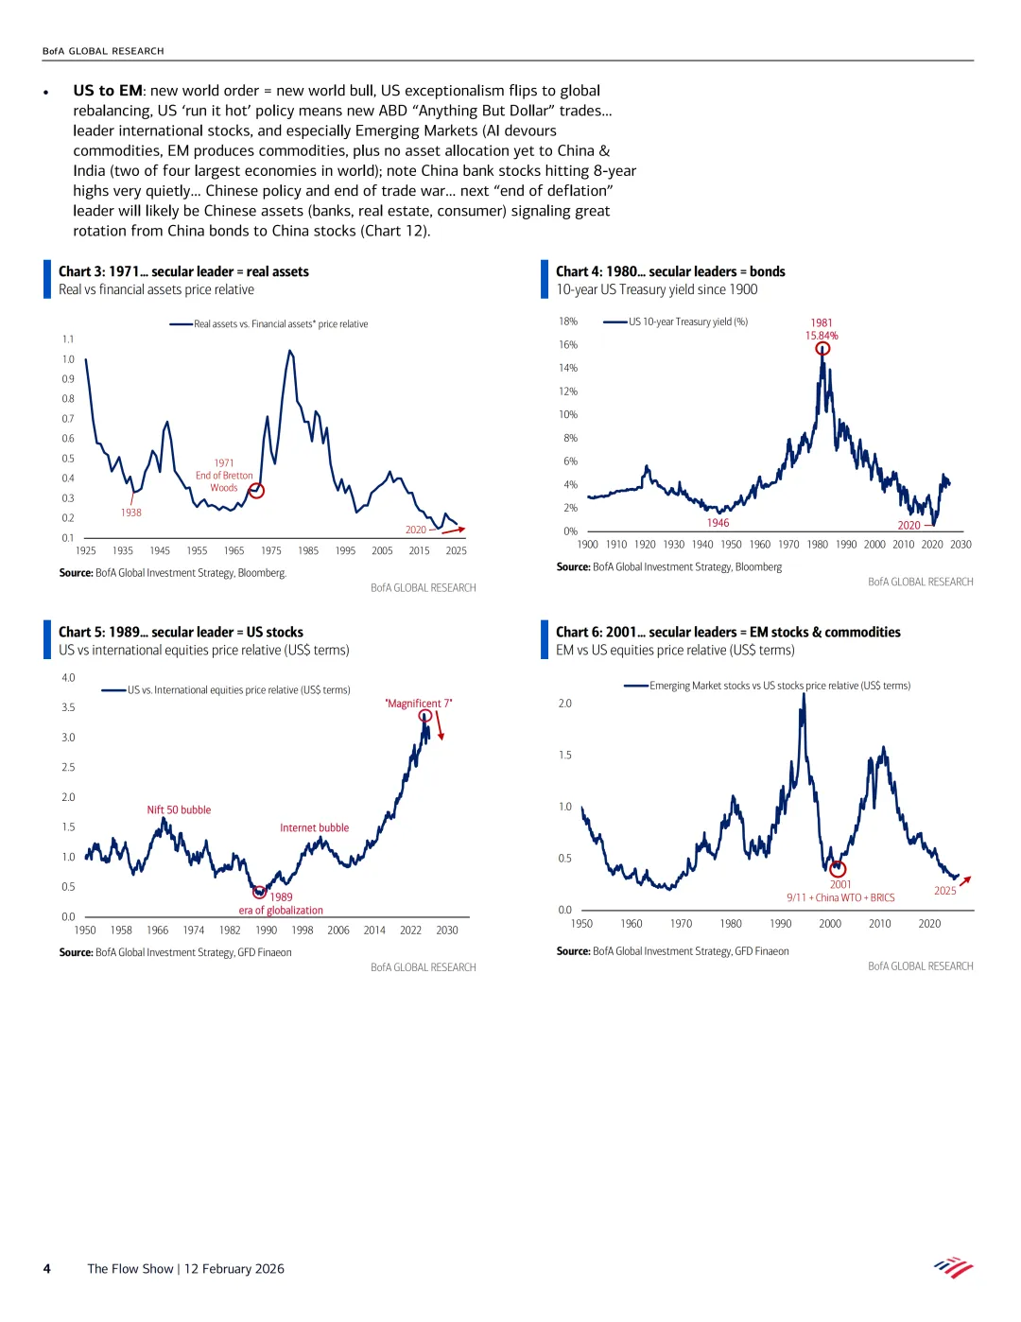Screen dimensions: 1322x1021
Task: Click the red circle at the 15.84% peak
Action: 822,348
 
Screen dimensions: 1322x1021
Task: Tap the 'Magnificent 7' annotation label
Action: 419,704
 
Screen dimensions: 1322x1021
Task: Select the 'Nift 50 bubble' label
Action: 179,810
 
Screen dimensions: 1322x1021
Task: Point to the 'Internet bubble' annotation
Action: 314,828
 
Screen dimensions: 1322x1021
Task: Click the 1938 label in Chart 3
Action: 130,513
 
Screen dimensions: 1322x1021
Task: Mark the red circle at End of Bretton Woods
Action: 256,491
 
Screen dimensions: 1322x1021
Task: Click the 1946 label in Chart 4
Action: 718,523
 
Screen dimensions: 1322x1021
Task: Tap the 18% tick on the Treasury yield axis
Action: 568,322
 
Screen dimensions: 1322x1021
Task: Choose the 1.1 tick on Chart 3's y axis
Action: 68,339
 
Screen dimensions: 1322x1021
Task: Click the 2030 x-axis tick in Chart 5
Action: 447,931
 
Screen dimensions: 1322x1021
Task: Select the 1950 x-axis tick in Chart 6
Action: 581,924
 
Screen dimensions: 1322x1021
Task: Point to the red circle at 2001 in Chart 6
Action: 838,869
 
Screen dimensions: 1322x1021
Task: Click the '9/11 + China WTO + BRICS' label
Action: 840,898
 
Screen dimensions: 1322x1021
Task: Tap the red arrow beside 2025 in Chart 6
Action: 965,880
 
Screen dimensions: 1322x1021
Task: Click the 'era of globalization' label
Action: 281,911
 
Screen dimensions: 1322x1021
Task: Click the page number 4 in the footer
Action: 46,1269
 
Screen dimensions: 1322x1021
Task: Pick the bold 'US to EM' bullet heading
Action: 108,91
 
